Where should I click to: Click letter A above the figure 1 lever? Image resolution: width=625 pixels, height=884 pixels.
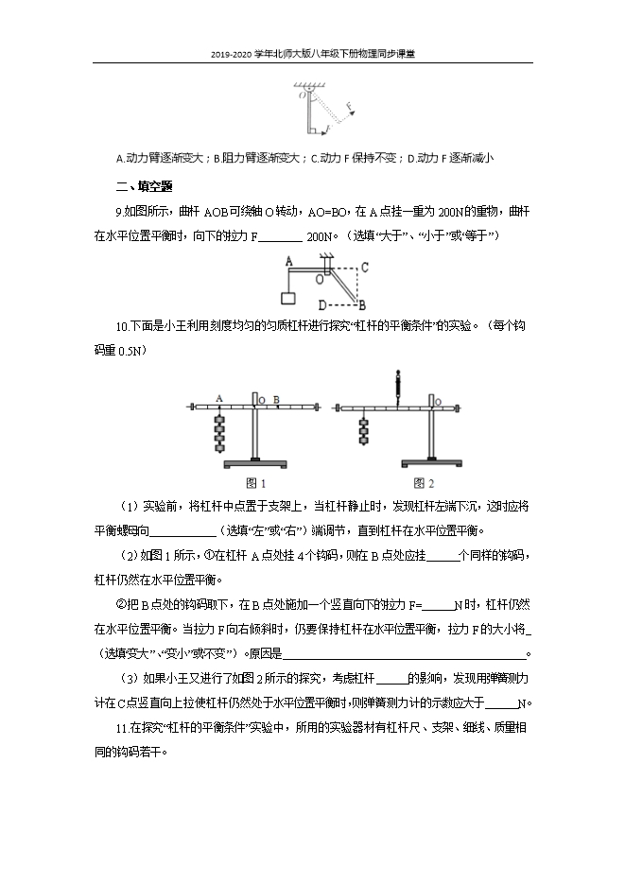tap(219, 398)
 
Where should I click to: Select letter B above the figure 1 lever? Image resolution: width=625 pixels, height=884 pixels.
tap(275, 399)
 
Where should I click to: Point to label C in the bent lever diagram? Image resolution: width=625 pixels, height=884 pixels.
tap(363, 267)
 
